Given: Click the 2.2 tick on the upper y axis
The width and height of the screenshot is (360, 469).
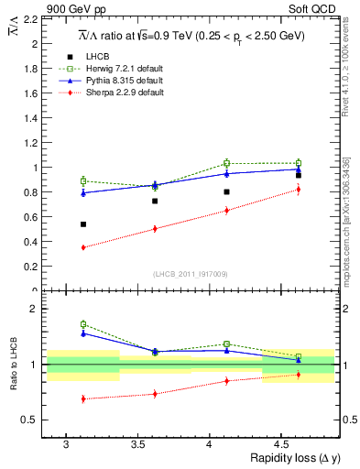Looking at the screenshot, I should click(32, 18).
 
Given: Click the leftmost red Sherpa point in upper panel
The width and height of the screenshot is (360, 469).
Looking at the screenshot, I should click(82, 247).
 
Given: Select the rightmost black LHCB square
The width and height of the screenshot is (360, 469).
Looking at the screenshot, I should click(299, 175).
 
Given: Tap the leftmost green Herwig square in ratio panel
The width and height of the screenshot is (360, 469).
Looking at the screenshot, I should click(82, 324).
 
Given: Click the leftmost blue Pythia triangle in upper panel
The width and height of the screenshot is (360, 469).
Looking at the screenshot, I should click(82, 192).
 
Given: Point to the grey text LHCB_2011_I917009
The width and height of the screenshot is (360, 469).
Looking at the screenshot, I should click(189, 273).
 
